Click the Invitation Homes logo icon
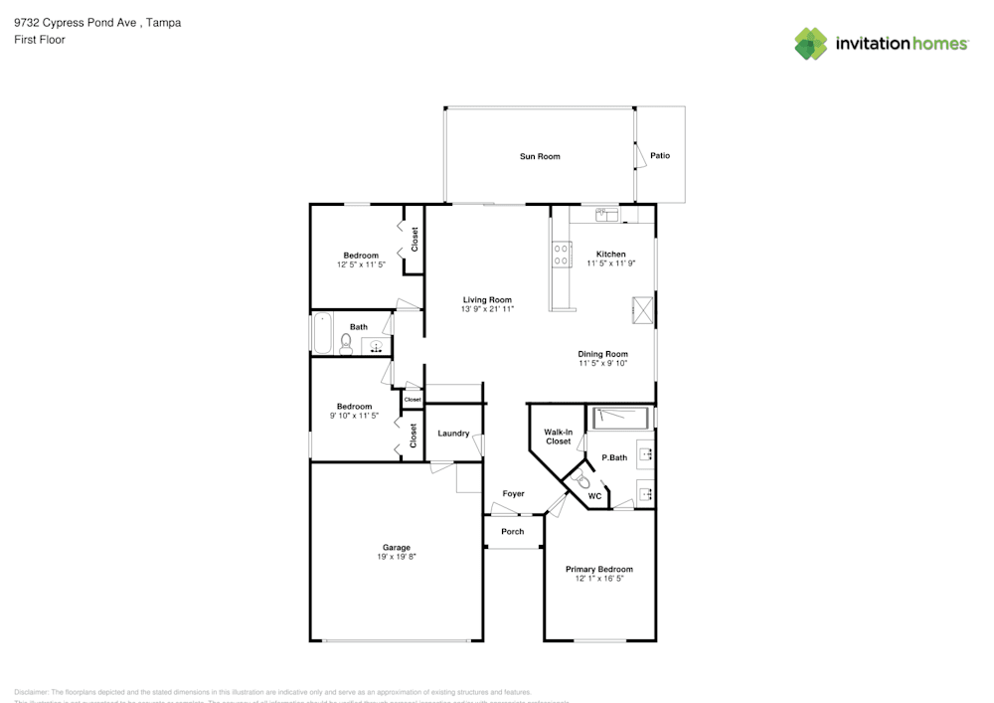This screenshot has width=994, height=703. pos(811,44)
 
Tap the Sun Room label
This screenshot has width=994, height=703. pos(540,156)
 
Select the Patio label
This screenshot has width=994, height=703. pos(660,156)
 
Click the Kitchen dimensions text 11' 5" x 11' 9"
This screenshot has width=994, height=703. pos(610,264)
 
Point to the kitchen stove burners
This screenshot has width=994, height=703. pos(562,255)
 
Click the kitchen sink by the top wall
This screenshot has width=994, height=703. pos(608,213)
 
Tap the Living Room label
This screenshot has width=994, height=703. pos(487,299)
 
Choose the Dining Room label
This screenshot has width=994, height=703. pos(603,354)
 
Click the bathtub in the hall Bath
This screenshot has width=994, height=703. pos(323,334)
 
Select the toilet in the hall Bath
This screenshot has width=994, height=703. pos(346,344)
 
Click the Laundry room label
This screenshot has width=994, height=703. pos(453,434)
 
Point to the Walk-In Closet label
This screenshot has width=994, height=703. pos(558,437)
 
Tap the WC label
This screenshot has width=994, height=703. pos(594,495)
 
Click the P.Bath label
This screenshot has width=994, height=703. pos(614,457)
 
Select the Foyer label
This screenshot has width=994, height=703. pos(513,494)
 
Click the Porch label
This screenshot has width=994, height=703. pos(513,531)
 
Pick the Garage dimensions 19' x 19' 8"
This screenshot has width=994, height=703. pos(397,557)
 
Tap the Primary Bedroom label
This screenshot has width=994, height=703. pos(599,569)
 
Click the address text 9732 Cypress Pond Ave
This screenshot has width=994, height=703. pos(76,22)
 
